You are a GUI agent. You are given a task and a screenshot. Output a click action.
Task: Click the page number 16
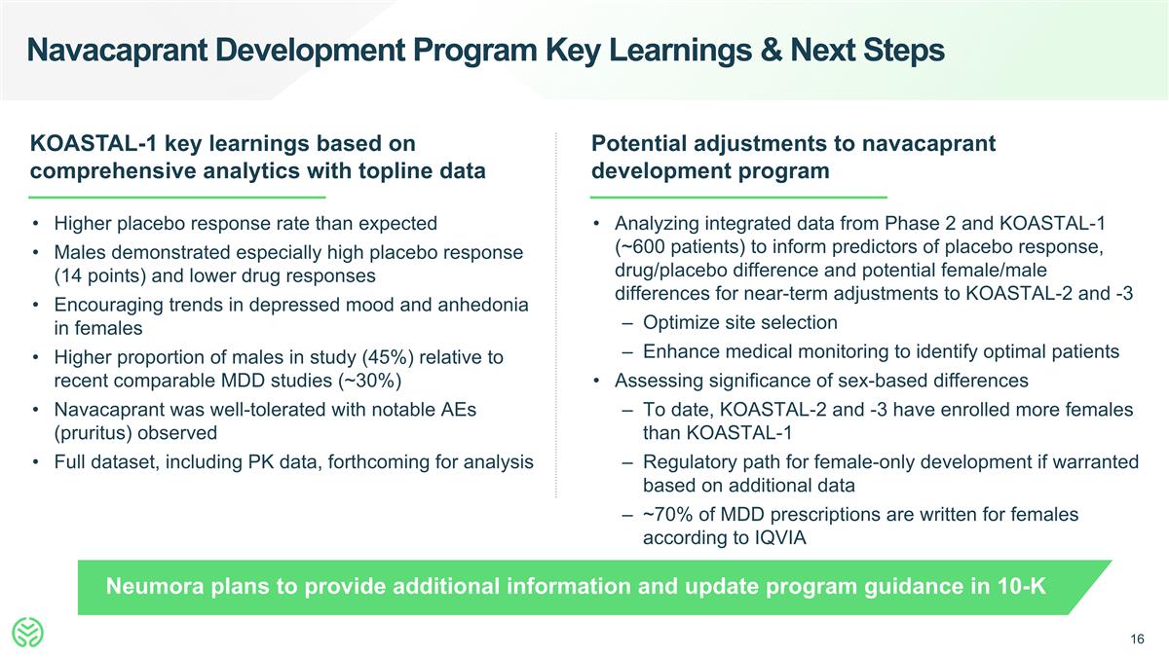click(1136, 639)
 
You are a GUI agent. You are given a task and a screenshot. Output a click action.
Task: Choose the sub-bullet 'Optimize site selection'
click(739, 321)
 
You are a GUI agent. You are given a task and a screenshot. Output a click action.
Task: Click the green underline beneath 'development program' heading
click(739, 198)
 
